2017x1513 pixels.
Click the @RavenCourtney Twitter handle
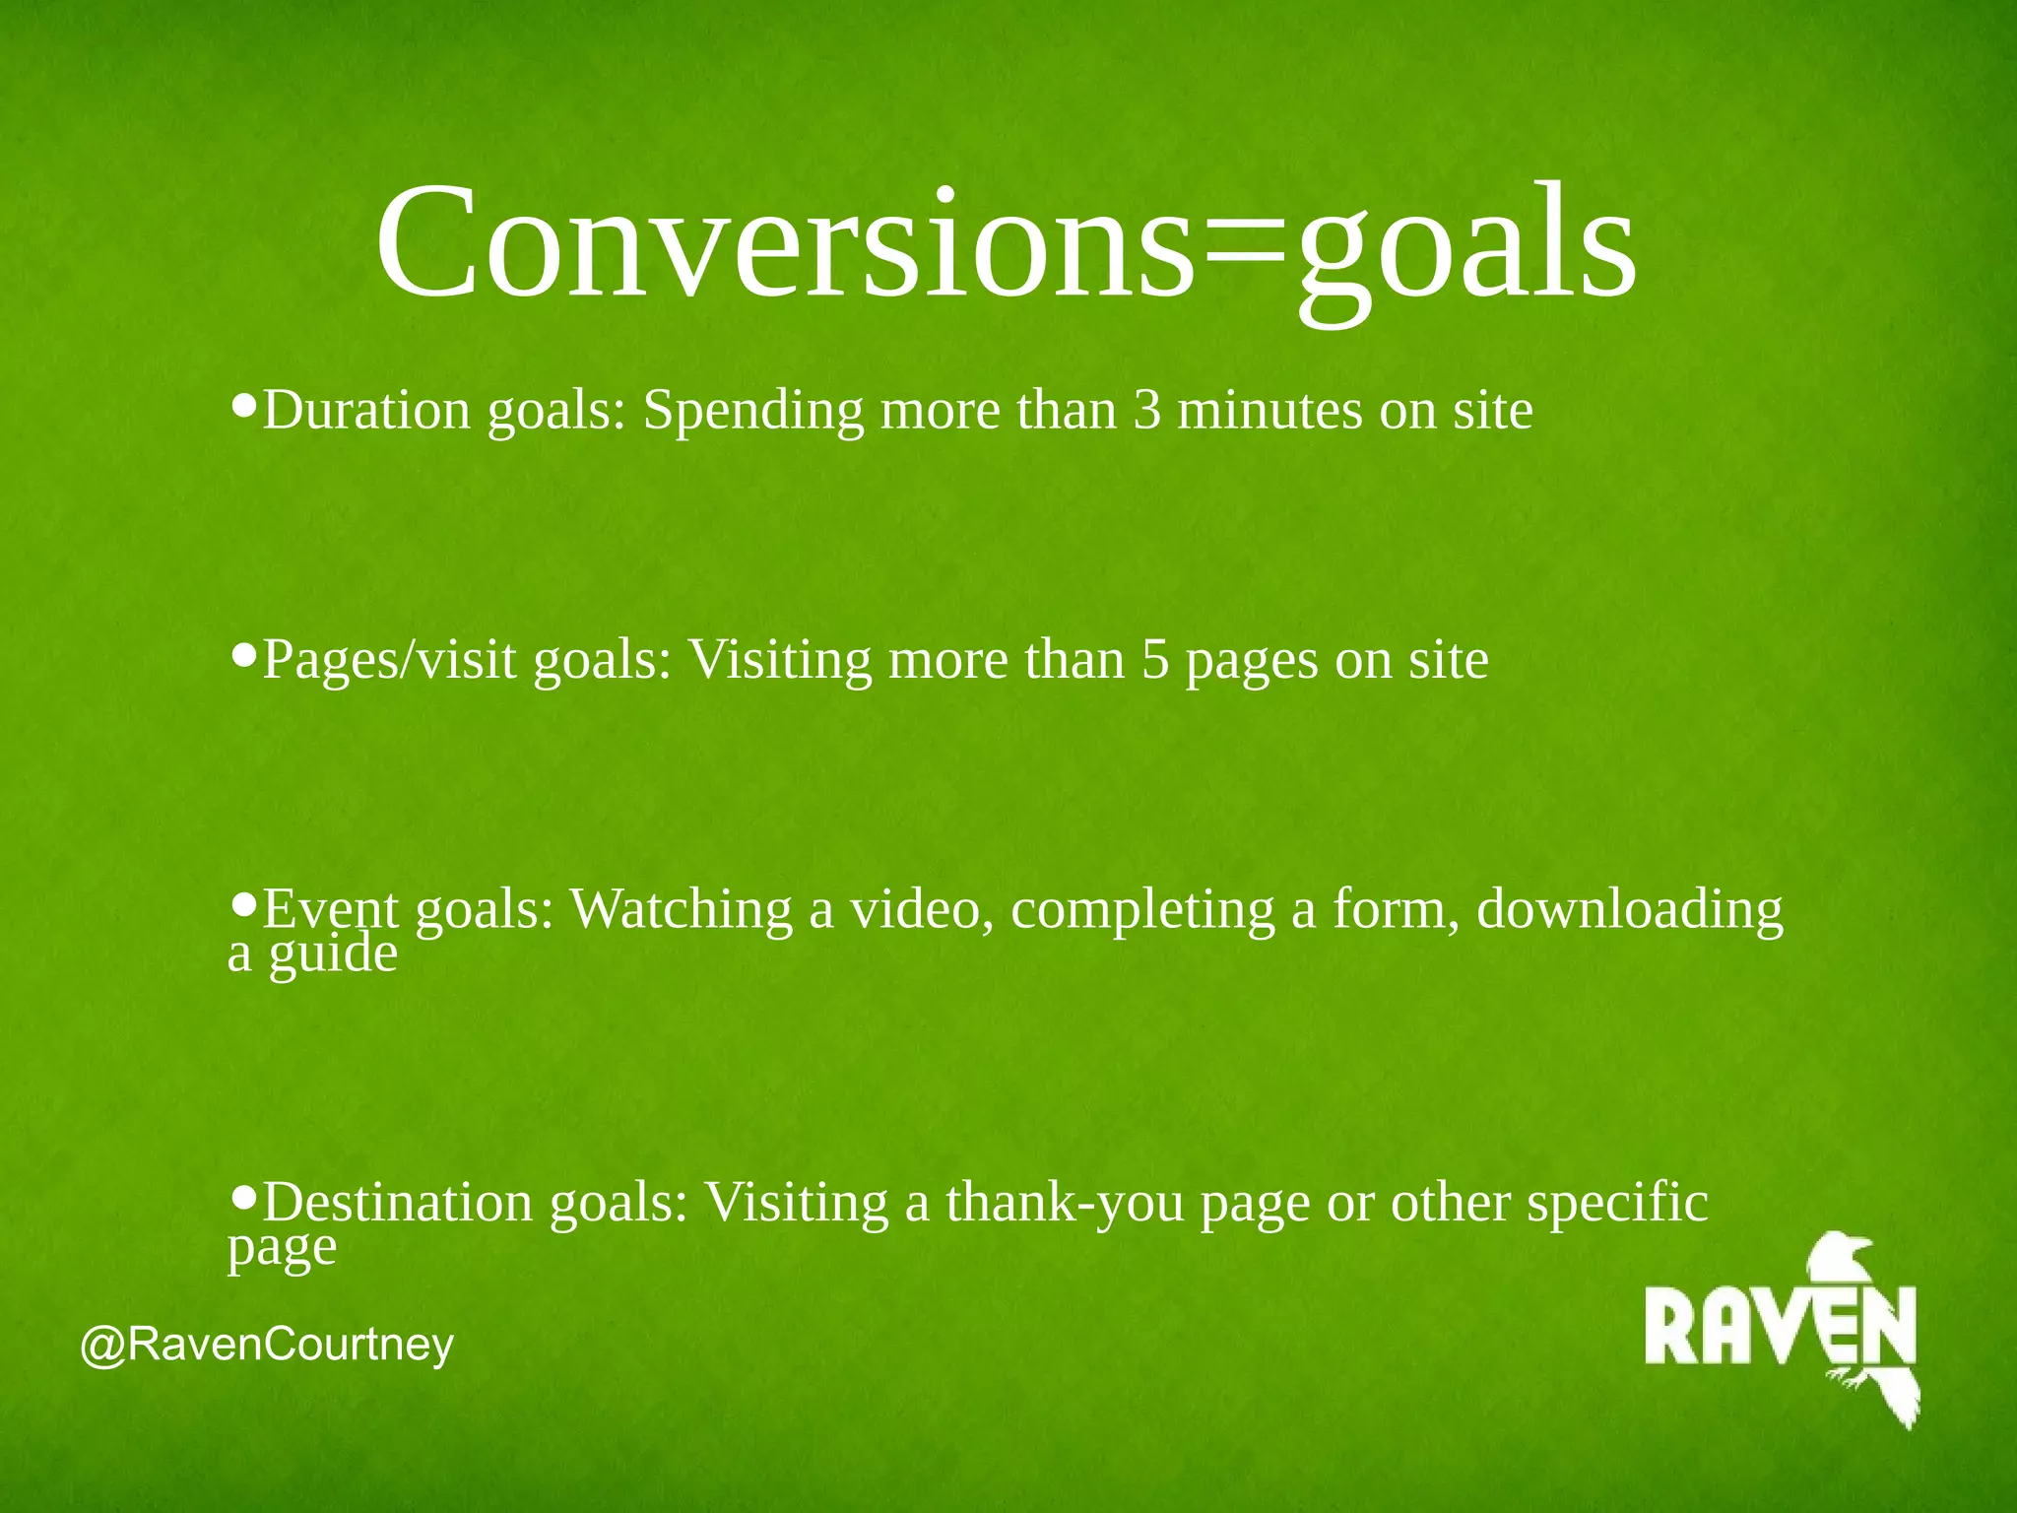[x=267, y=1345]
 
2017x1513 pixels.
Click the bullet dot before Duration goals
[x=244, y=403]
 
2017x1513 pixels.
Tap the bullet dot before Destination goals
[x=244, y=1195]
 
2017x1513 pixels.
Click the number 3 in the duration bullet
[x=1147, y=411]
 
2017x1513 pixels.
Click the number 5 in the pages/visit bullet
[x=1155, y=660]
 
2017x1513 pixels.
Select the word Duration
[x=366, y=411]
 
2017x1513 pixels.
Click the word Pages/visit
[x=389, y=662]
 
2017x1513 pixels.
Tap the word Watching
[x=682, y=909]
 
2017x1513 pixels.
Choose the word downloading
[x=1630, y=911]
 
